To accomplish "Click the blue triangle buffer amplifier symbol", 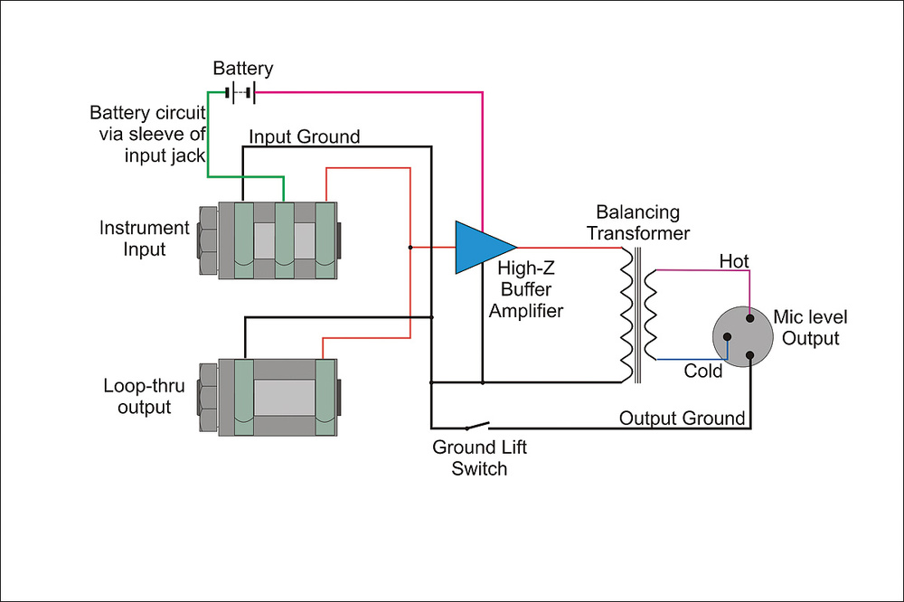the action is (482, 248).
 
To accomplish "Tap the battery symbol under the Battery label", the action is (240, 92).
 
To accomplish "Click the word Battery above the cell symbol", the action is (242, 68).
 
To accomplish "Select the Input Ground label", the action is (305, 136).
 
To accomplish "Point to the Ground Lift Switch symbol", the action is (477, 426).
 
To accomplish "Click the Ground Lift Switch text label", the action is (480, 458).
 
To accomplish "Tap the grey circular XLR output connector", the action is (742, 337).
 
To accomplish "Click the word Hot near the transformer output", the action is (734, 261).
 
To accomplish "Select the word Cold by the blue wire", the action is (702, 371).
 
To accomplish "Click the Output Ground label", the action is (682, 418).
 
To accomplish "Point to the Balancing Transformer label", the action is (638, 222).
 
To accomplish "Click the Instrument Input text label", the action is (144, 238).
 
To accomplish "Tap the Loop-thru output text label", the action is (144, 396).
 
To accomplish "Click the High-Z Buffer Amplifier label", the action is (526, 289).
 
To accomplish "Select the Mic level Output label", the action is (810, 327).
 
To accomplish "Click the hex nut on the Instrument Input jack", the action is (209, 240).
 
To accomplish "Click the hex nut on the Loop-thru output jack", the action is (209, 398).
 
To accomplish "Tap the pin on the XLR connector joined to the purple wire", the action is (750, 318).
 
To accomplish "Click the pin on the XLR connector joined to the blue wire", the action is (727, 337).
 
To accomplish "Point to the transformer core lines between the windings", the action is (637, 315).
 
